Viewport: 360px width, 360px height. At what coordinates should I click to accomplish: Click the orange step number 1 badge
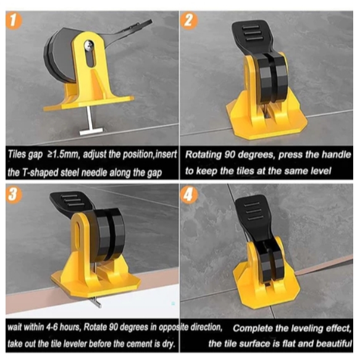point(14,21)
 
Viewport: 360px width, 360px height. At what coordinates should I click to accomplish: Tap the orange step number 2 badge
point(189,21)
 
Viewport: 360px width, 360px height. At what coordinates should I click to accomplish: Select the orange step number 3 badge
point(14,195)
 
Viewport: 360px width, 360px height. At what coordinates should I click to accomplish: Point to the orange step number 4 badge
point(189,195)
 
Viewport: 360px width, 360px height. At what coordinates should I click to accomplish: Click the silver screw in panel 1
point(89,45)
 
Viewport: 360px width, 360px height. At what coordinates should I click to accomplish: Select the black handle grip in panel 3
point(70,201)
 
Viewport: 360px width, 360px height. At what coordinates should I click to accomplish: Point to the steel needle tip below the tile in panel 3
point(97,303)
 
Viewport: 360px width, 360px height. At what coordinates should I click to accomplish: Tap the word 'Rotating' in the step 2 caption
point(203,155)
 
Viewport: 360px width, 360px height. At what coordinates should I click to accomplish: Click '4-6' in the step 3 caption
point(52,327)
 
